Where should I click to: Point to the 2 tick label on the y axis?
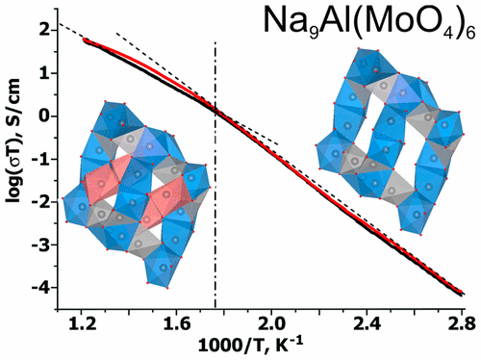[x=44, y=31]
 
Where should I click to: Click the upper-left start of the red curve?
[x=87, y=41]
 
